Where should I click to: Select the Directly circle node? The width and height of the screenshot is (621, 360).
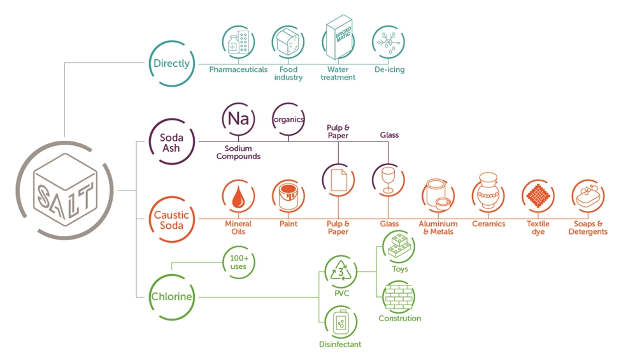click(171, 64)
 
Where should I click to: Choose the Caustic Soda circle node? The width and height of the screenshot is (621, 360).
click(171, 220)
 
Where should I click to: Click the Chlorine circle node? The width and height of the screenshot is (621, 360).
click(171, 296)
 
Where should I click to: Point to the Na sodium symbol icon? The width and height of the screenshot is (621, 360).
click(238, 119)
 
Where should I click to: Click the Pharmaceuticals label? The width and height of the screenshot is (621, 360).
click(238, 69)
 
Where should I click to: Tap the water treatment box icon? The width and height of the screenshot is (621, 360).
click(338, 40)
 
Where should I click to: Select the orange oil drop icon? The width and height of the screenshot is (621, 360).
click(238, 197)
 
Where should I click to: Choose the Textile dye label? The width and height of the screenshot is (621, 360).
click(538, 227)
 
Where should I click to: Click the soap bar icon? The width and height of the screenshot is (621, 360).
click(588, 197)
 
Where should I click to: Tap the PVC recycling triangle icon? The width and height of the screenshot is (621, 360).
click(338, 272)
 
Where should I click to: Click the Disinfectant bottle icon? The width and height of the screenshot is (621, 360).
click(339, 322)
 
